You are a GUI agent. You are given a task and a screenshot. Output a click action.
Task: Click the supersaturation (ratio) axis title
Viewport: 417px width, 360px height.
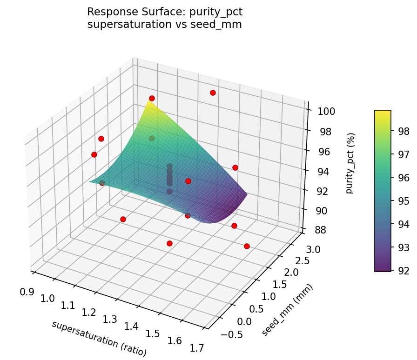tap(99, 339)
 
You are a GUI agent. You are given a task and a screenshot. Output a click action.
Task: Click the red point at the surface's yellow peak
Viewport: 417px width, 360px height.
tap(152, 98)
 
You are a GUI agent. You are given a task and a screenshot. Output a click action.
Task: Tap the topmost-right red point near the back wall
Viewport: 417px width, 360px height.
tap(213, 93)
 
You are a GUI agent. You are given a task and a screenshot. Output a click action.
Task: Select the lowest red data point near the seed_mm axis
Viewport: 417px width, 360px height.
tap(247, 246)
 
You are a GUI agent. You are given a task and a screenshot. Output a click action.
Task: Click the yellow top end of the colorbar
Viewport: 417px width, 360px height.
tap(383, 113)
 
